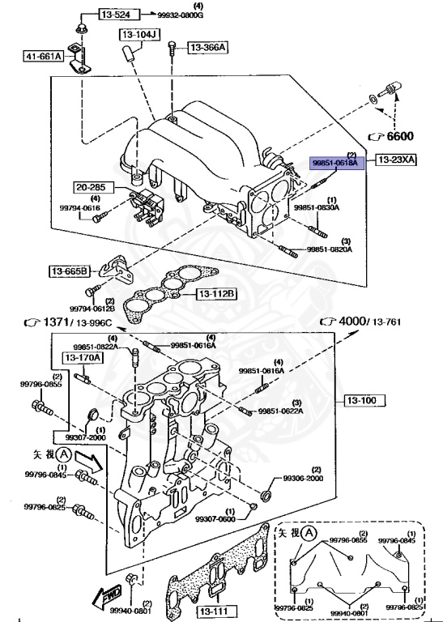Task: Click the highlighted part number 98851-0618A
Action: pos(337,162)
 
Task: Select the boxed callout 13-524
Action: pos(118,15)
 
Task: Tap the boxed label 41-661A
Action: pos(43,57)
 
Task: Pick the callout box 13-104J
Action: pos(141,35)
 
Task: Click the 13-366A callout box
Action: pos(208,48)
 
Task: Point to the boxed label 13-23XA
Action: pos(396,160)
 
